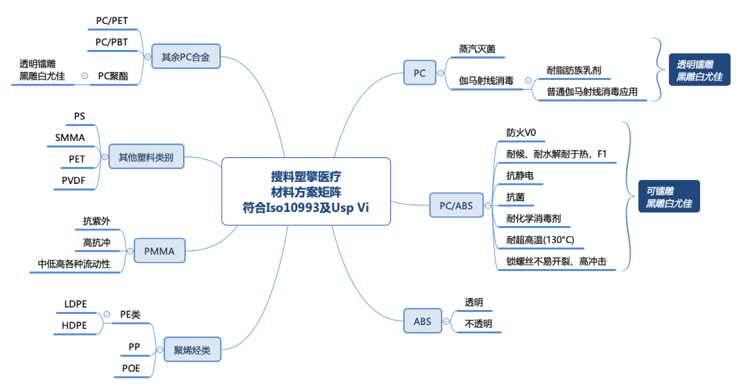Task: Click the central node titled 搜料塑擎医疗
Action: tap(305, 191)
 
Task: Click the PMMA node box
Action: tap(159, 251)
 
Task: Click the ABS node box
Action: tap(422, 321)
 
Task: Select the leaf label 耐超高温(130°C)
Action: tap(540, 240)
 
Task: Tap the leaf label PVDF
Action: tap(73, 181)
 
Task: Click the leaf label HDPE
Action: tap(74, 325)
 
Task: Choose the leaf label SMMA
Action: tap(70, 137)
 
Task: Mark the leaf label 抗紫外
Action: tap(96, 221)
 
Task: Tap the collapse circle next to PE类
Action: tap(106, 314)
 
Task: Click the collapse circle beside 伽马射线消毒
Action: tap(528, 80)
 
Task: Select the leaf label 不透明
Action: tap(478, 324)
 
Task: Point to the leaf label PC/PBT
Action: tap(112, 42)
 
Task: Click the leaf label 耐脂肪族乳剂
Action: tap(573, 70)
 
